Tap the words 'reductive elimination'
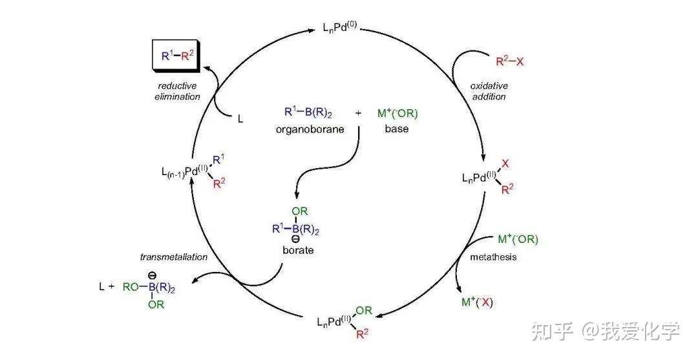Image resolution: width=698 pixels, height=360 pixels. [x=178, y=91]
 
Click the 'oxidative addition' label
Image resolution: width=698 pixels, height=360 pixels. [x=489, y=91]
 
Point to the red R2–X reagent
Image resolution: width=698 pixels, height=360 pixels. [x=509, y=62]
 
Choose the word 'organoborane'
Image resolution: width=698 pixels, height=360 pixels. [x=307, y=129]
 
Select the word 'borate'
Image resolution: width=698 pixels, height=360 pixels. [x=298, y=249]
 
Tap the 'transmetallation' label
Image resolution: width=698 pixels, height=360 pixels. [x=174, y=257]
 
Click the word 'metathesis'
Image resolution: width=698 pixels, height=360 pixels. [x=493, y=257]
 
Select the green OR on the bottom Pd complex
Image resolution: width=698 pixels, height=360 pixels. [x=364, y=310]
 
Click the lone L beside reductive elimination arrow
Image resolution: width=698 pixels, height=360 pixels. [x=240, y=120]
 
